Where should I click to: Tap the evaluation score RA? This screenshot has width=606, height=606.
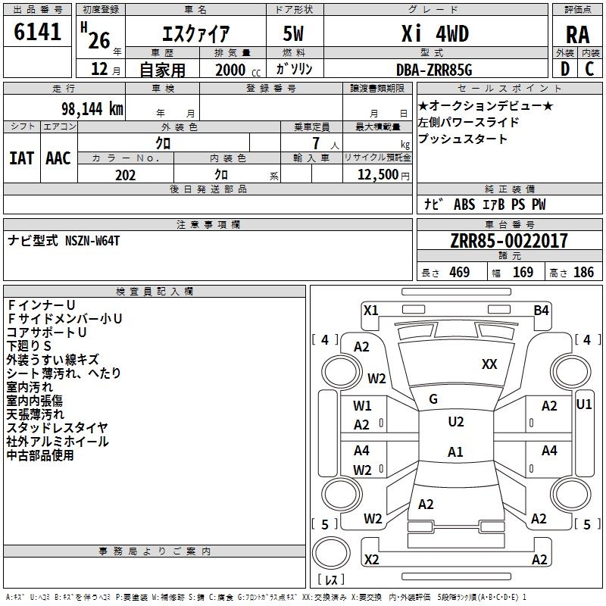pos(577,34)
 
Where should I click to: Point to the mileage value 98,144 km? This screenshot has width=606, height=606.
pos(87,109)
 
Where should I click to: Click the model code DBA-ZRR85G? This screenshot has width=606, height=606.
pos(434,70)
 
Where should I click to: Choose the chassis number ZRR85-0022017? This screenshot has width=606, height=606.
pos(508,242)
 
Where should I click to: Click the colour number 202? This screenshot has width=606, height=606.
pos(125,175)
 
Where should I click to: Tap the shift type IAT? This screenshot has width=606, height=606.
pos(21,158)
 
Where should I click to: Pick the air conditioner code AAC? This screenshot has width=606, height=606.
pos(58,158)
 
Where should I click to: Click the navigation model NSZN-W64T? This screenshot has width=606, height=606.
pos(92,241)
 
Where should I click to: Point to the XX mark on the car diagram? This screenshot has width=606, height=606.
pos(489,364)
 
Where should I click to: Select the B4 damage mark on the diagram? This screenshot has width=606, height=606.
pos(541,310)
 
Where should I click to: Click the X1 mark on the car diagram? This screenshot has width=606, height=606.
pos(370,310)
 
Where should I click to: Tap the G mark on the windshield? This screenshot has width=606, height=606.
pos(433,398)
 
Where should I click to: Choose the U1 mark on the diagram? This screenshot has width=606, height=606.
pos(584,405)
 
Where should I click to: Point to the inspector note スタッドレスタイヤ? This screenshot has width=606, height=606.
pos(57,428)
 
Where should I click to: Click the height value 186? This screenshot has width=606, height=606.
pos(583,273)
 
